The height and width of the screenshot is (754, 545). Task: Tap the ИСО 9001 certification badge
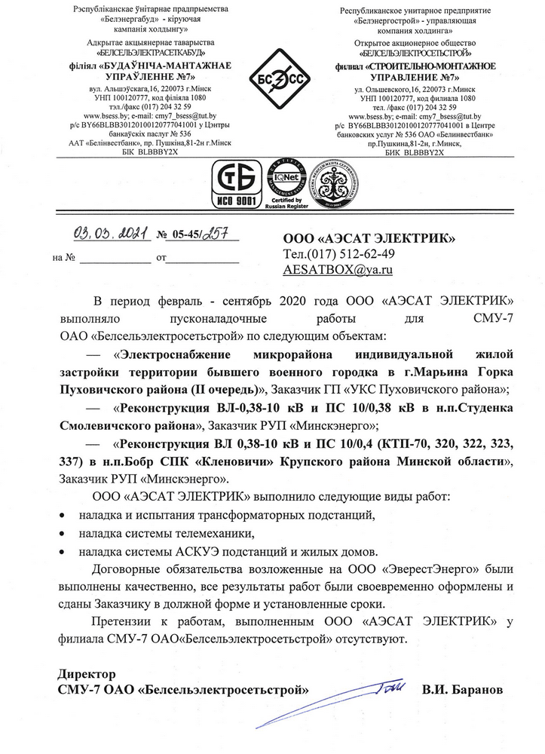pyautogui.click(x=239, y=185)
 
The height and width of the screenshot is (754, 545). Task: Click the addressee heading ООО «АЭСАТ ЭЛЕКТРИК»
pyautogui.click(x=368, y=238)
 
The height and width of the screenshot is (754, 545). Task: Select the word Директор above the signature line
pyautogui.click(x=87, y=673)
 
